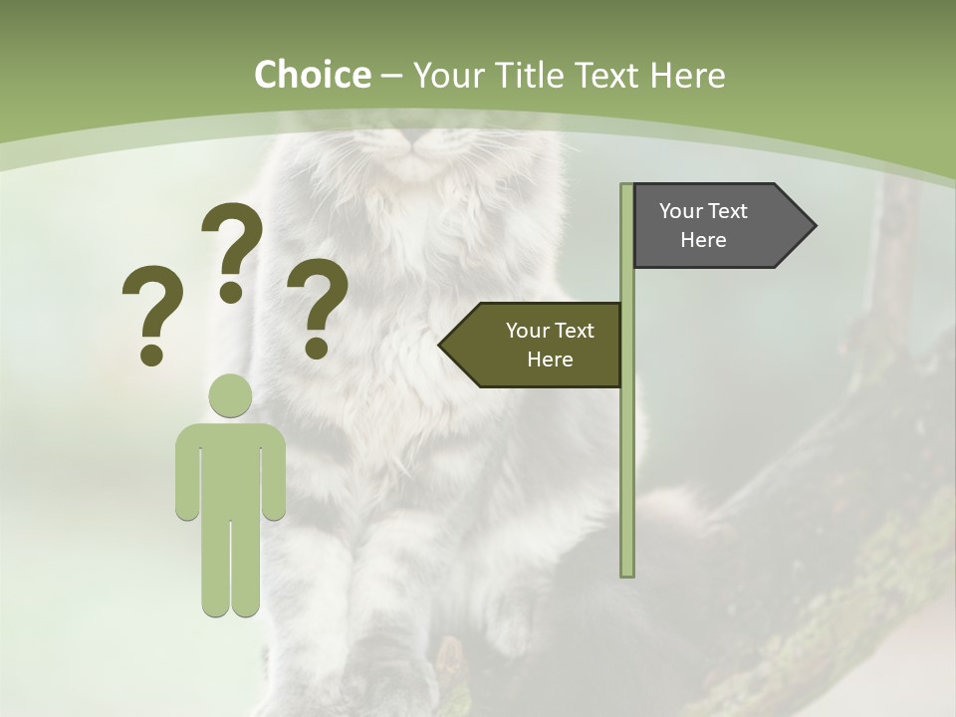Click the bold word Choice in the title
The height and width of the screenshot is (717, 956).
click(312, 75)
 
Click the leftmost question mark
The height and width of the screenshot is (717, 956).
click(151, 315)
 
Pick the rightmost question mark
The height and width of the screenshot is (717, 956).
click(318, 307)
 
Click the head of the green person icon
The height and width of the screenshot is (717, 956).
click(230, 395)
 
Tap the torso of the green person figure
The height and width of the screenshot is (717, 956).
click(230, 468)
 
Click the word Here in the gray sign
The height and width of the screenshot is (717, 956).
click(703, 240)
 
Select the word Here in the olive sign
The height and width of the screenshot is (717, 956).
click(550, 359)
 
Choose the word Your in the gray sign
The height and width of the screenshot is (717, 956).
click(681, 211)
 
